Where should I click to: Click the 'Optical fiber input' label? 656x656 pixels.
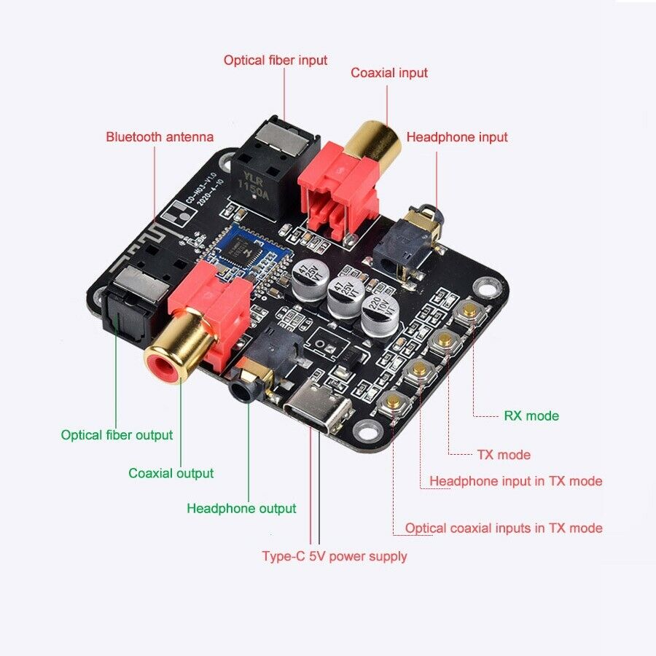point(275,60)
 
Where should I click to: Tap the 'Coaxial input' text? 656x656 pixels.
point(388,73)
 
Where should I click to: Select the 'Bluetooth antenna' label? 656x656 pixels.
point(160,136)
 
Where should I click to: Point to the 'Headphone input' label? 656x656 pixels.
point(456,137)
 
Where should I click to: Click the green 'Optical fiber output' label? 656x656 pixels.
point(117,435)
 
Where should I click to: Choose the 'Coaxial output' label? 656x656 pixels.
point(171,473)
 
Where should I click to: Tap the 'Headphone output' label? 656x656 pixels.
point(241,509)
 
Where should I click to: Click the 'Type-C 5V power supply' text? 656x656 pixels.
point(334,556)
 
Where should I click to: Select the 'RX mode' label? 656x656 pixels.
point(531,416)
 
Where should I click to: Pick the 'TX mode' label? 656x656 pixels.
point(504,455)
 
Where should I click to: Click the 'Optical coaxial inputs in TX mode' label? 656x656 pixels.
point(504,528)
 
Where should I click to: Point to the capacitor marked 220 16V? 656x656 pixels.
point(380,313)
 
